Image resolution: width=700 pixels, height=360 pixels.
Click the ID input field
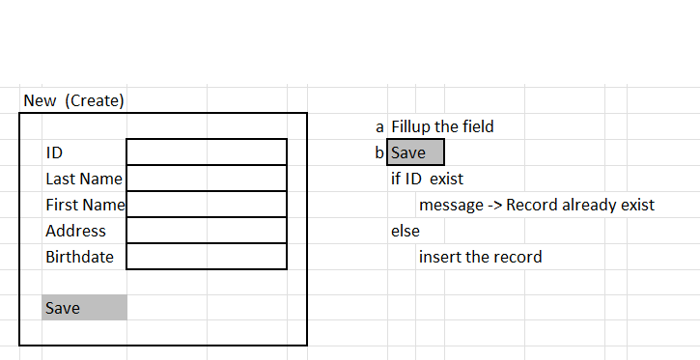(x=207, y=152)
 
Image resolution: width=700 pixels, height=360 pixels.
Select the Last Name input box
(x=207, y=179)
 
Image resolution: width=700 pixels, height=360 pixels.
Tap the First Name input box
(x=207, y=205)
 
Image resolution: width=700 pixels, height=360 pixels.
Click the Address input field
(x=207, y=231)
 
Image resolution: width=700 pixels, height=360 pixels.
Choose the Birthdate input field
(x=207, y=257)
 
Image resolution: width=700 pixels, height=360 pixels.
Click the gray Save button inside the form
(x=84, y=308)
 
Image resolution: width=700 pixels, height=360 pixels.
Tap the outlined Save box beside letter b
(x=416, y=152)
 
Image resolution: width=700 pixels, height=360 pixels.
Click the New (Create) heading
(x=74, y=100)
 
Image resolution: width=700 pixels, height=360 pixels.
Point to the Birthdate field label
(x=79, y=258)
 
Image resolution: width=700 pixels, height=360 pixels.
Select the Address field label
(x=75, y=232)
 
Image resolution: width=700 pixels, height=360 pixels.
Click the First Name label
(x=85, y=205)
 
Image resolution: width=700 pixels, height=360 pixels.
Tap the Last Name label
(x=84, y=179)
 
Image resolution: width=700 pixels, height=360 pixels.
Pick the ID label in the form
(x=54, y=152)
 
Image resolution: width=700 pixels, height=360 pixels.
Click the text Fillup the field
(x=442, y=126)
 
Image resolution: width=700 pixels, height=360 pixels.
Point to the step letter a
(x=379, y=126)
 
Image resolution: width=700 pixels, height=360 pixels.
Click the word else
(x=405, y=231)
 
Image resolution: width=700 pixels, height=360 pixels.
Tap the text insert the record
(x=480, y=257)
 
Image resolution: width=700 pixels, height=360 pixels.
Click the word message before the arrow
(x=449, y=205)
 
